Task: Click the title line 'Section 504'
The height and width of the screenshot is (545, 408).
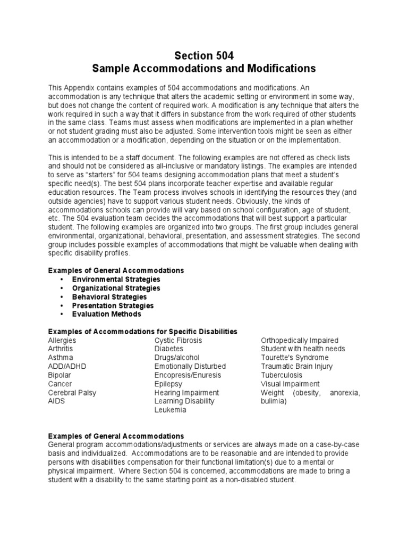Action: point(204,56)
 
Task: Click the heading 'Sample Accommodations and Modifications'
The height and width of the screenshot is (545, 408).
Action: point(204,69)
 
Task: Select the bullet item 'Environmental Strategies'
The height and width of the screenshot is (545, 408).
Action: point(116,279)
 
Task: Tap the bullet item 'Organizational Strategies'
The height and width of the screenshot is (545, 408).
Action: point(116,288)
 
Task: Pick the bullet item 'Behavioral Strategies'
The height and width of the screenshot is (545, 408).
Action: point(109,297)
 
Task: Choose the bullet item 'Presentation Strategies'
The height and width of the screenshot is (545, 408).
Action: point(113,305)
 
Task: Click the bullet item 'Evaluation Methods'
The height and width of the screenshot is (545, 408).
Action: point(107,314)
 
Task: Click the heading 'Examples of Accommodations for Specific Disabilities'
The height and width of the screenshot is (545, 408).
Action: point(143,332)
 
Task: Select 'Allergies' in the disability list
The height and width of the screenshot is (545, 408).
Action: point(62,340)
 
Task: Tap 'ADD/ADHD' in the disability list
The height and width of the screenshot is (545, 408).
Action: point(67,366)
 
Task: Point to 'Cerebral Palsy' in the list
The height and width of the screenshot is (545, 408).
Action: point(72,392)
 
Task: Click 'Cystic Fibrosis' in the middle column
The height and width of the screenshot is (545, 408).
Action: point(178,340)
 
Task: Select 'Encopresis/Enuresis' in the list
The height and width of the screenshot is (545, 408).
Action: point(186,375)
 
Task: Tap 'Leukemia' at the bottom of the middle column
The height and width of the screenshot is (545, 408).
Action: point(170,410)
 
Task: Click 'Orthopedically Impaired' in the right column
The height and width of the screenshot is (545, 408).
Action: point(300,340)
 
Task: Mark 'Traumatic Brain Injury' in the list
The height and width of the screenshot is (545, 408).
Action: point(297,366)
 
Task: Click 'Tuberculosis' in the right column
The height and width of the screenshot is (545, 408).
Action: point(282,375)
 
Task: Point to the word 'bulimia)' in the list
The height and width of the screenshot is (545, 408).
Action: point(274,401)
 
